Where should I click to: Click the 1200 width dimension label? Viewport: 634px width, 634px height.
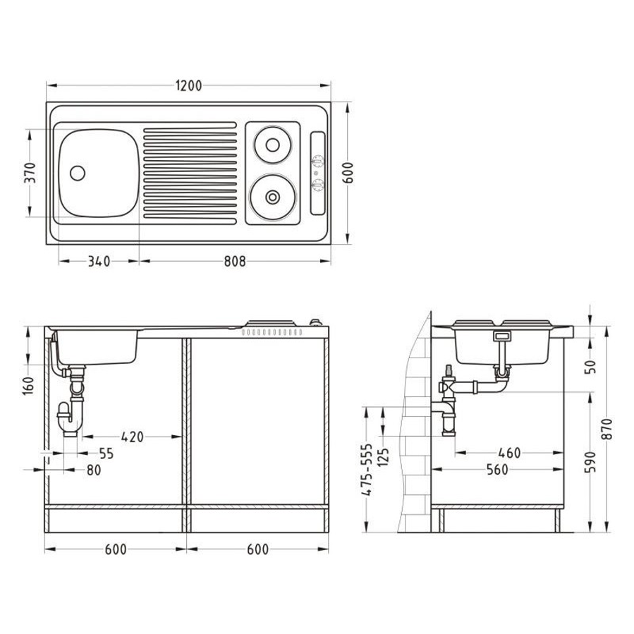tap(188, 86)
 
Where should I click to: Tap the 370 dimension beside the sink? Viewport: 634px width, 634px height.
tap(30, 173)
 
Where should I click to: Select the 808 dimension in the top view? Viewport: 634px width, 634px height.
tap(235, 261)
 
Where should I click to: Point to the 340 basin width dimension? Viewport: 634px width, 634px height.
tap(99, 261)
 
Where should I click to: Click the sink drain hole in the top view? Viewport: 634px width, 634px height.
tap(78, 173)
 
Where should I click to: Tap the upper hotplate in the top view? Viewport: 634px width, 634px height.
tap(272, 145)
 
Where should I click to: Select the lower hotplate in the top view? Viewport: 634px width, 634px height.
tap(272, 197)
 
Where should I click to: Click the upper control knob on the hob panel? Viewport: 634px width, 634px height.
tap(318, 161)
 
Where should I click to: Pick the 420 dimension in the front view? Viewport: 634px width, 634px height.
tap(132, 437)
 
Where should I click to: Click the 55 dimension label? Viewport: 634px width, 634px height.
tap(106, 453)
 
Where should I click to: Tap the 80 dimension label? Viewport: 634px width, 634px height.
tap(94, 470)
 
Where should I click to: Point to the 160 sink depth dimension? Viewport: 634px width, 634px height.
tap(29, 386)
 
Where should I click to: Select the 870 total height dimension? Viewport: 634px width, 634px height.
tap(607, 429)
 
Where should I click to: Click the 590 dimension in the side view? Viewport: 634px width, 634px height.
tap(591, 462)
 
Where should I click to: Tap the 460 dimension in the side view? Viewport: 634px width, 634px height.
tap(509, 453)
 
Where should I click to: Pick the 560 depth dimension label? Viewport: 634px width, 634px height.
tap(497, 470)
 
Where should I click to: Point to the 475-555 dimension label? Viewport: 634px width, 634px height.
tap(366, 470)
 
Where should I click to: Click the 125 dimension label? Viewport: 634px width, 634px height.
tap(384, 457)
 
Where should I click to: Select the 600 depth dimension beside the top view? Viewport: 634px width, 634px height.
tap(348, 173)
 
